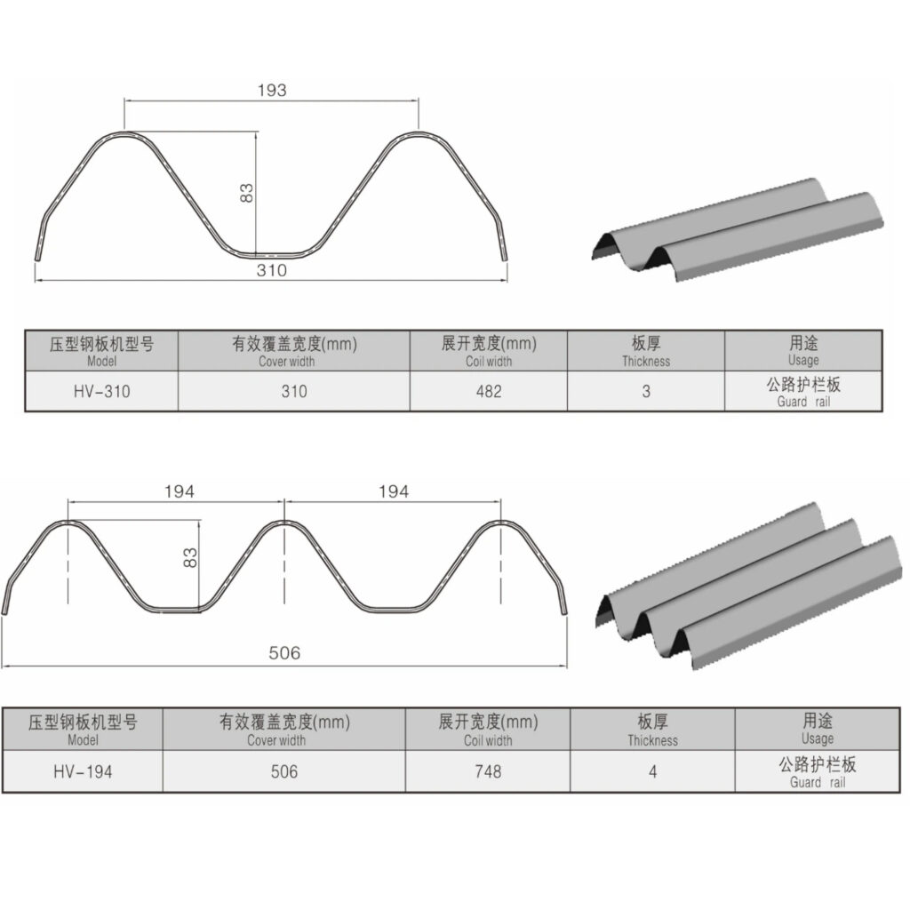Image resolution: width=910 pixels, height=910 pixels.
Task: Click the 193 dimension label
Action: tap(272, 91)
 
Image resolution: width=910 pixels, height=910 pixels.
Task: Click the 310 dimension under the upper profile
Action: tap(272, 270)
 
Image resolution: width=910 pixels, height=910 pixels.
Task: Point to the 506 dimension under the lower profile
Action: tap(284, 653)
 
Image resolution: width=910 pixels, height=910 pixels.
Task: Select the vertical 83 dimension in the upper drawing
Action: tap(248, 193)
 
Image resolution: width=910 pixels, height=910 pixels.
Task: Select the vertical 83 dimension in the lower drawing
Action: tap(189, 558)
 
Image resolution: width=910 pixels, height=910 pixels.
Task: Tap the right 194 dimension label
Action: tap(394, 491)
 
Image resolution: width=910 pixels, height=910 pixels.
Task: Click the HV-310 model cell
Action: tap(101, 391)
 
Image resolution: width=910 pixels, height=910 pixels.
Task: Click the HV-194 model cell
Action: tap(83, 771)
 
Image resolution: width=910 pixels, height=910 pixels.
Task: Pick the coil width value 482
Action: tap(488, 391)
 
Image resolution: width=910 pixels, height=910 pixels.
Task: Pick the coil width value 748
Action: tap(487, 771)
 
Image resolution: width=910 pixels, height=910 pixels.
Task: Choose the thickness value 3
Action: tap(646, 391)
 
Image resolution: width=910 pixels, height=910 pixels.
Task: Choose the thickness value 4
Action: tap(652, 771)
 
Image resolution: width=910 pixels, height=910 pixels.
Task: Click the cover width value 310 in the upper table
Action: tap(293, 391)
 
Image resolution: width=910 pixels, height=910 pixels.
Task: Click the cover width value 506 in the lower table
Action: tap(283, 771)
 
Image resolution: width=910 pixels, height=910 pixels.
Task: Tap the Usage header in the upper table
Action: tap(803, 350)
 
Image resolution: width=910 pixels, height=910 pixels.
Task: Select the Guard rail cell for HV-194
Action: tap(817, 771)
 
